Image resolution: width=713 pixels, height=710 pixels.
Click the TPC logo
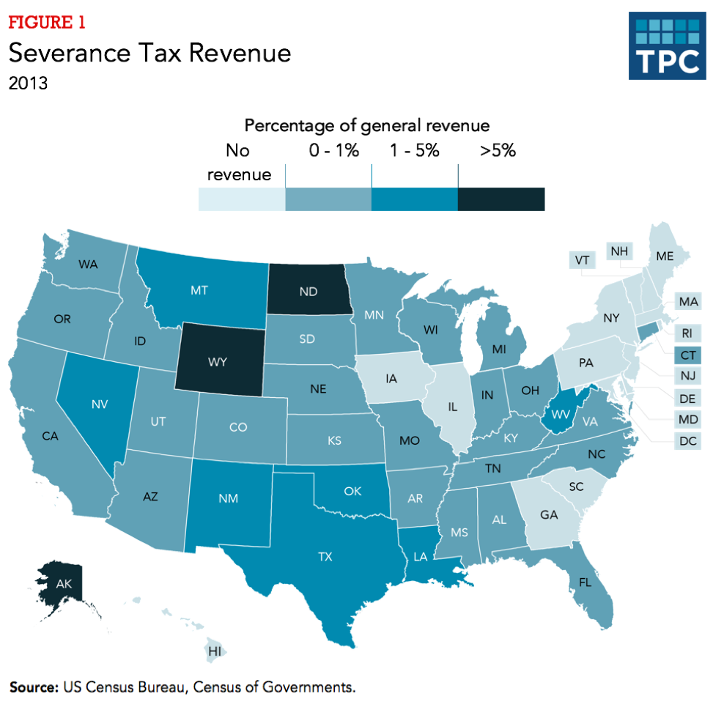[665, 45]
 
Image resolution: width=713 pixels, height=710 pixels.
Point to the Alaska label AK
[63, 584]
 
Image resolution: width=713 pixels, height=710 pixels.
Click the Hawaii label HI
[215, 651]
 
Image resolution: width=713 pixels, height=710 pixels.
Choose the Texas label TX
[325, 557]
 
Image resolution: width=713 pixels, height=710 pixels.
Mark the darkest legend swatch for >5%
[501, 199]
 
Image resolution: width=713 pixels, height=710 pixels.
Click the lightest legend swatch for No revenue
[241, 199]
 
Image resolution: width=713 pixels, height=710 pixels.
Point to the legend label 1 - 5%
[415, 151]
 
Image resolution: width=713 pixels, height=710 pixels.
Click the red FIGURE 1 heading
[47, 22]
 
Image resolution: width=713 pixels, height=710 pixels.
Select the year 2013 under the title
[29, 83]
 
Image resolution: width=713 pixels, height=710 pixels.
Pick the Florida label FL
[584, 583]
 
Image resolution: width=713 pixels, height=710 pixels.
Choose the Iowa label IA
[391, 379]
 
